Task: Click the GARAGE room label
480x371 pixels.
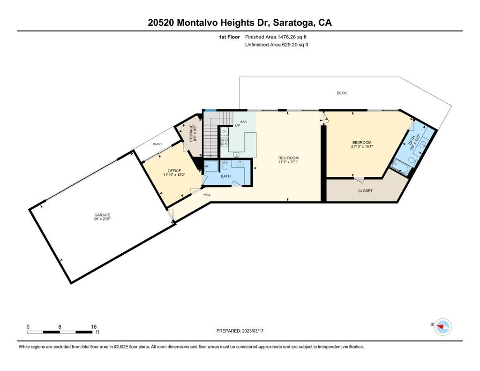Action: (x=102, y=215)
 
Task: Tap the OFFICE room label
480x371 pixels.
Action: (x=174, y=171)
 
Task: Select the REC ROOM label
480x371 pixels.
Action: (x=288, y=158)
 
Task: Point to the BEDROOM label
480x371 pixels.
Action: (x=362, y=143)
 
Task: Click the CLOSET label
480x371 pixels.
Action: (x=365, y=191)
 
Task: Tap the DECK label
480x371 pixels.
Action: (x=342, y=93)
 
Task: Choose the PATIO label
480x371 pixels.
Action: (x=157, y=144)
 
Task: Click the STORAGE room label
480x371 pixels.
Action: (x=191, y=133)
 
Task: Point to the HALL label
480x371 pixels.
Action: (x=207, y=195)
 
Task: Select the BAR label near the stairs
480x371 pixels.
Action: (x=243, y=122)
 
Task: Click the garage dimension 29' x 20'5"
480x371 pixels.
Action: (x=102, y=219)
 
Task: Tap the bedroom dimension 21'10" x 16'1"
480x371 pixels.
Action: (x=362, y=146)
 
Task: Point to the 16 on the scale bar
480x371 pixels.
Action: (x=94, y=327)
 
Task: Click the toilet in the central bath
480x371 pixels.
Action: (x=225, y=166)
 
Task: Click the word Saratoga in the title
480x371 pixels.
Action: (x=293, y=23)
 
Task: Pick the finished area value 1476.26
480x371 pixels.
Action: (x=286, y=37)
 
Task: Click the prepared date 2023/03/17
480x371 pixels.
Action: (x=253, y=331)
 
